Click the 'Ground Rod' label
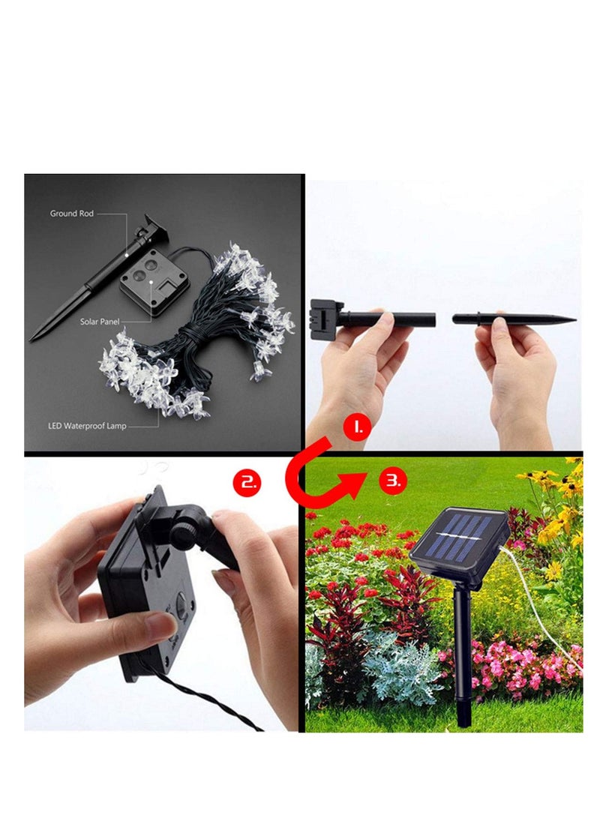coord(73,214)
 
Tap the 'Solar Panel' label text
coord(100,322)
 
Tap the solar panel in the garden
coord(459,537)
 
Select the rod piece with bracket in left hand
coord(375,319)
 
